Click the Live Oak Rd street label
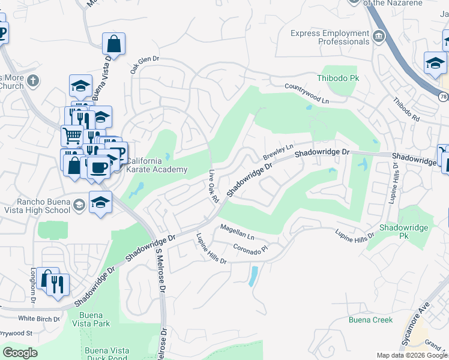click(x=212, y=185)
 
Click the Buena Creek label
click(x=371, y=320)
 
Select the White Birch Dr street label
click(x=39, y=319)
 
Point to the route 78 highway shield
click(x=443, y=96)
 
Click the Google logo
click(x=20, y=353)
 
